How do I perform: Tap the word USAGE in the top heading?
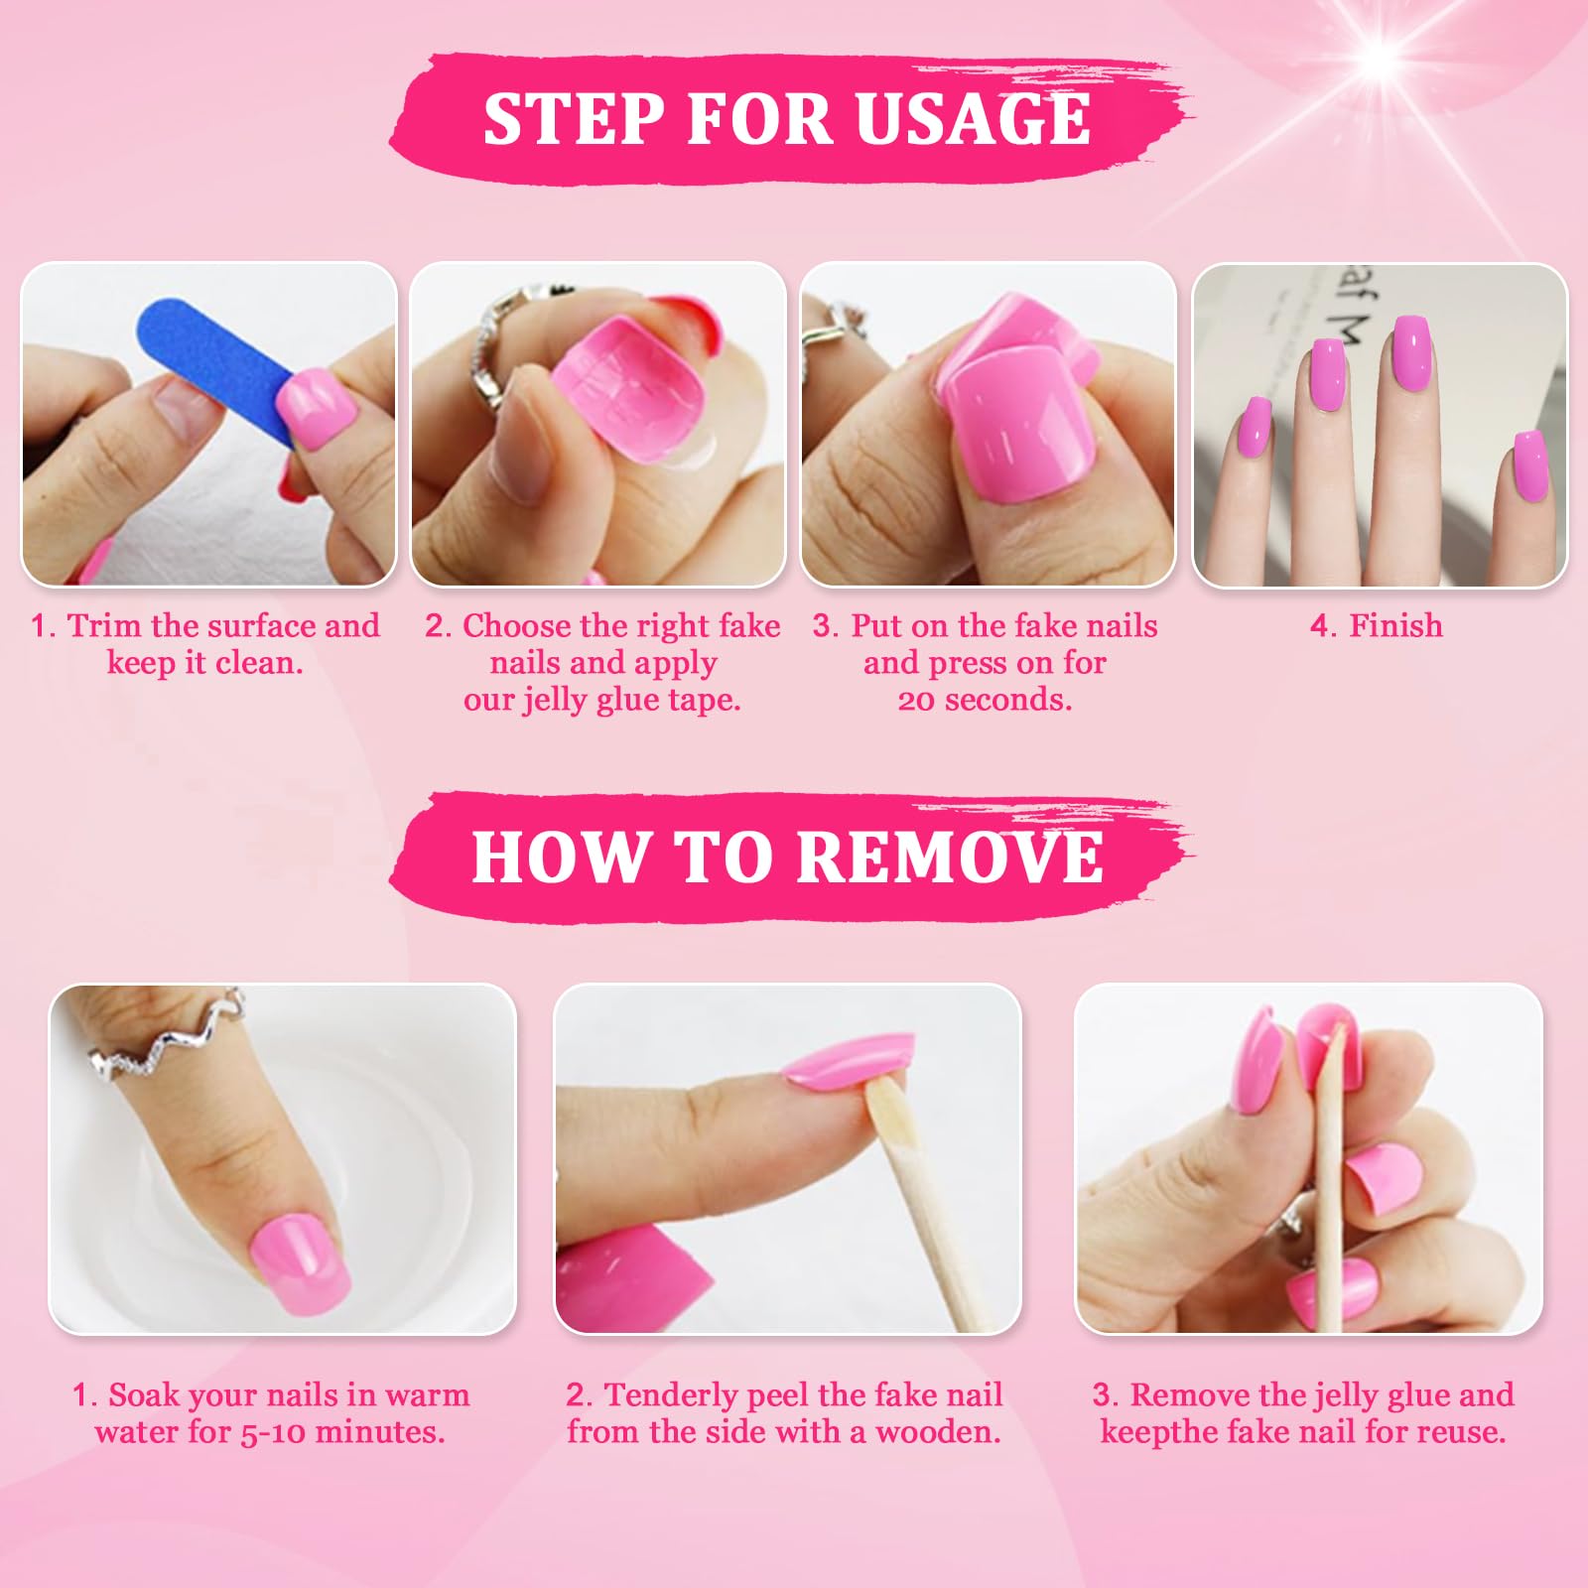click(973, 118)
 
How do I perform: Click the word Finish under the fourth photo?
click(1395, 625)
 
